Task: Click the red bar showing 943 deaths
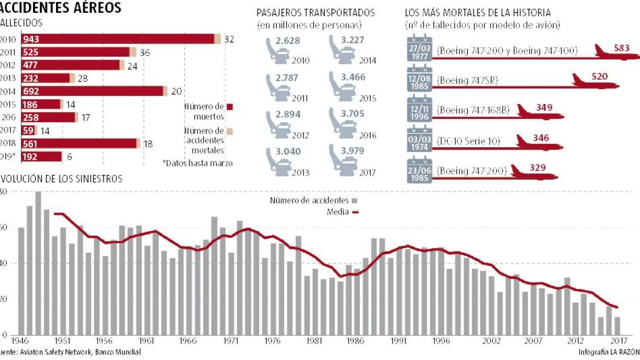117,39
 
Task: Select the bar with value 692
92,91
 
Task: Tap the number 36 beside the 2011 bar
145,52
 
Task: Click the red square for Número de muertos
230,106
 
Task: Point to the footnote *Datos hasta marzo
197,163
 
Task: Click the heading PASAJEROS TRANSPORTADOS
315,12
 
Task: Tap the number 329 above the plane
538,168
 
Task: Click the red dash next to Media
356,212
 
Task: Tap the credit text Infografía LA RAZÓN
608,353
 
